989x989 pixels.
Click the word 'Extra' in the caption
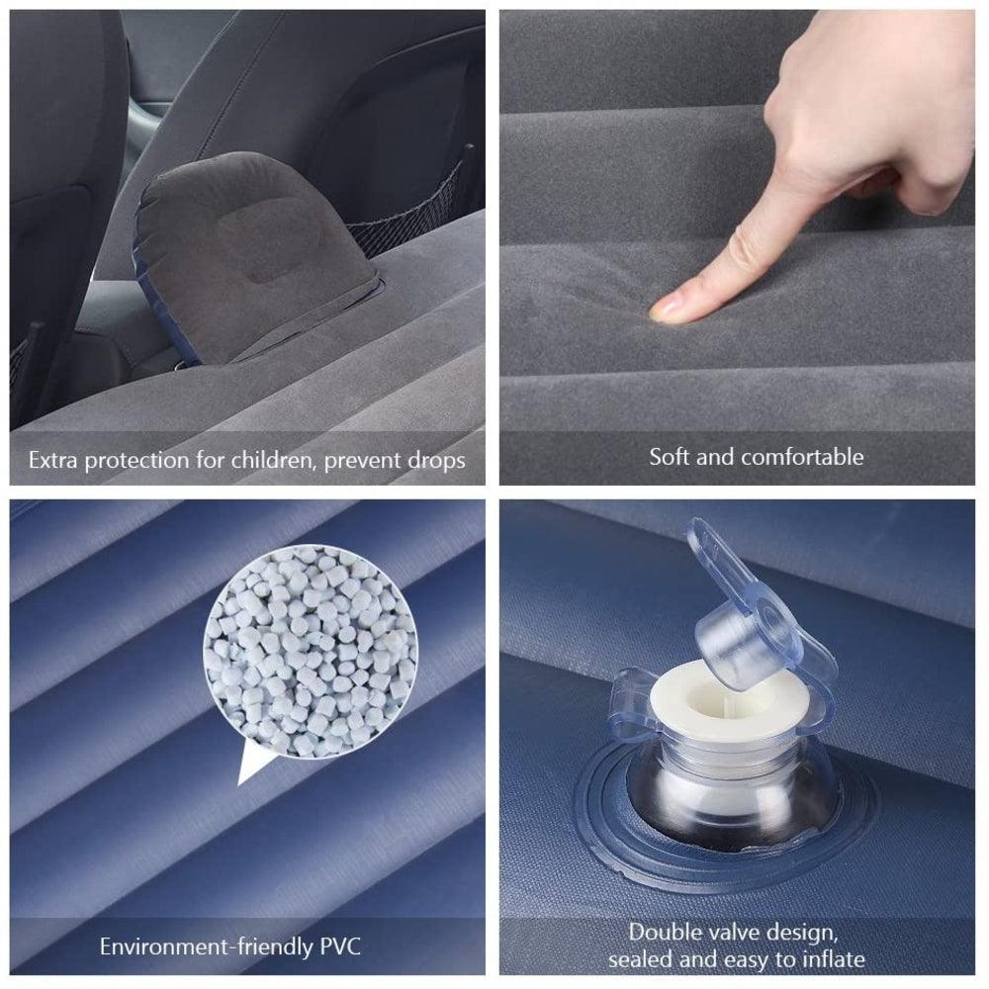click(x=53, y=461)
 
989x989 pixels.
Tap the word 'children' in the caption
click(x=272, y=461)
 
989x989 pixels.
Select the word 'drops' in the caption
click(x=436, y=461)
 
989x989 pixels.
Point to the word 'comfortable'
click(x=802, y=457)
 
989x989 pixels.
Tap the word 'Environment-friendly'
click(x=207, y=946)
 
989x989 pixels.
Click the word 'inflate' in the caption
click(x=834, y=960)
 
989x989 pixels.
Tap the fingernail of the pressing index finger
click(x=664, y=309)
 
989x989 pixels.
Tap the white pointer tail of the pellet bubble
click(x=252, y=764)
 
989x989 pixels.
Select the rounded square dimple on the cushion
click(x=271, y=239)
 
